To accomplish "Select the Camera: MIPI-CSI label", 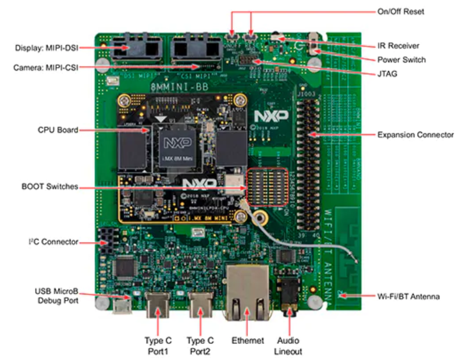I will (x=45, y=68).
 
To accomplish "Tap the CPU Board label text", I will (x=58, y=130).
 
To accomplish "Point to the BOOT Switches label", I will (x=50, y=186).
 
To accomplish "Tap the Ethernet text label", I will (x=248, y=341).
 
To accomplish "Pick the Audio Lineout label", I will (x=289, y=346).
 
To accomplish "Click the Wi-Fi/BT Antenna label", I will (x=408, y=295).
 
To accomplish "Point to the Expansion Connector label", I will (x=415, y=135).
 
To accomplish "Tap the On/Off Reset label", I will (x=401, y=11).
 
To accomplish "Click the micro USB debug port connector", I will (x=123, y=306).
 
